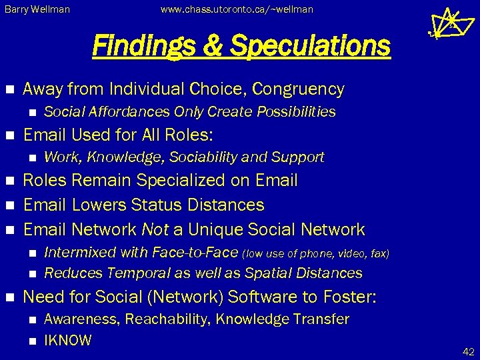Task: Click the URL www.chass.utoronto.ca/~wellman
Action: point(237,10)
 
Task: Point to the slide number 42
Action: point(467,351)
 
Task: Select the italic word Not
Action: point(155,230)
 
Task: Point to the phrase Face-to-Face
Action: point(195,253)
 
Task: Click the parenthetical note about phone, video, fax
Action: point(315,253)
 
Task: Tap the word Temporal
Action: point(134,273)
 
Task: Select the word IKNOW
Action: point(67,341)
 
